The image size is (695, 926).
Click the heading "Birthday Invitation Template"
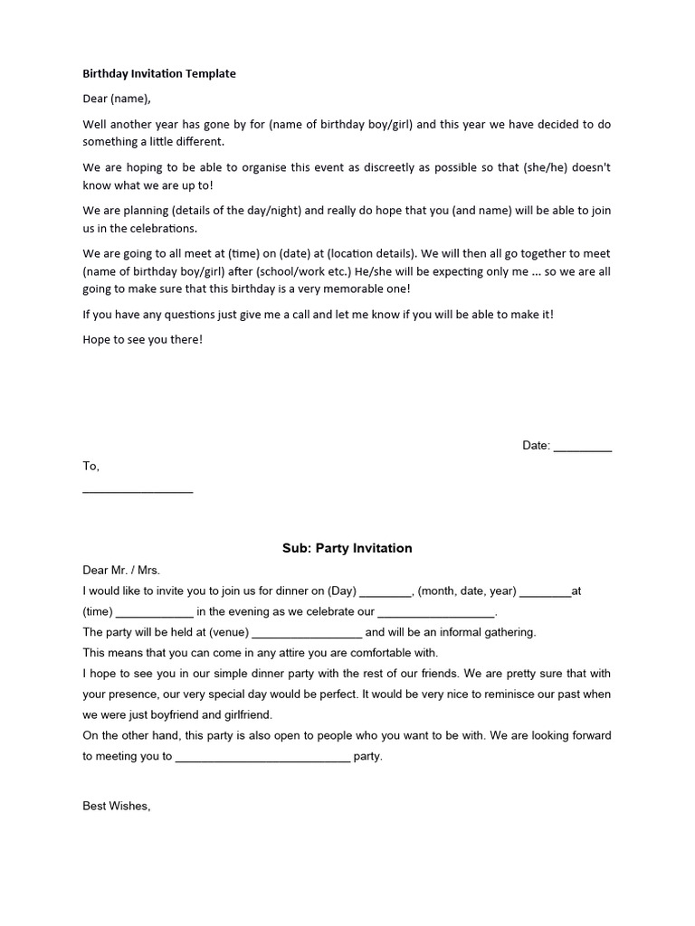(159, 74)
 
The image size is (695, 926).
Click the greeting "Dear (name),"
(118, 99)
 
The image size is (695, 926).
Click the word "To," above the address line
(91, 467)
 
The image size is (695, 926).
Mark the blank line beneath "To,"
(138, 491)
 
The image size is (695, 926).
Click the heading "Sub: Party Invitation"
(347, 548)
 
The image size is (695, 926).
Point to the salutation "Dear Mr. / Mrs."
(121, 571)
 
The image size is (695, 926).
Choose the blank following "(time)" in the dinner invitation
(155, 613)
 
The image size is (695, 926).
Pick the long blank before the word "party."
(262, 757)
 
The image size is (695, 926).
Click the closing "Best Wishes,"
(116, 806)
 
